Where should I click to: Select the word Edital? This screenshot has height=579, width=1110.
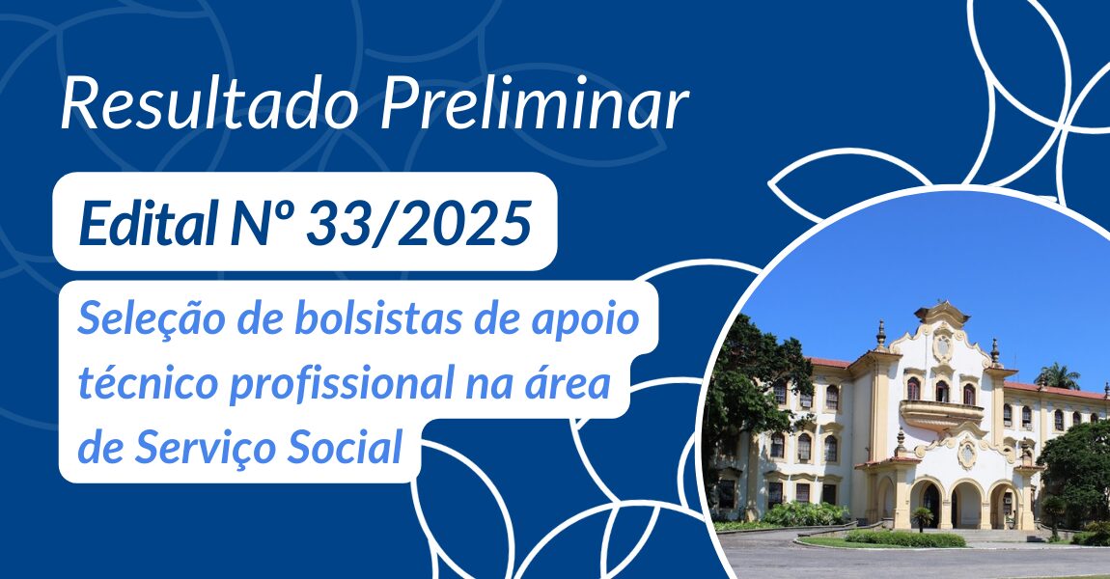point(148,222)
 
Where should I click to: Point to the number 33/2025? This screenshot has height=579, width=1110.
point(419,222)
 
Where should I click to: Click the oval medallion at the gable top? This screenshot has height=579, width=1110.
point(942,346)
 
